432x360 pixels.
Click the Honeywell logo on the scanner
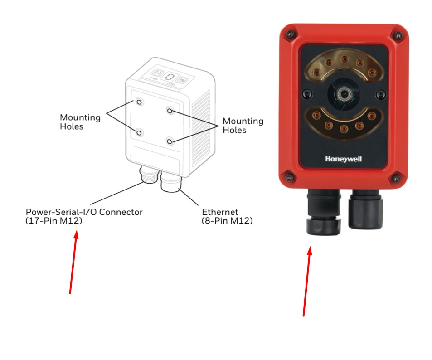pyautogui.click(x=343, y=159)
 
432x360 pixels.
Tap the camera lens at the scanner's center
pyautogui.click(x=343, y=93)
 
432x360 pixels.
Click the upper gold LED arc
pyautogui.click(x=343, y=65)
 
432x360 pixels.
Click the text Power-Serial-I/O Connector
pyautogui.click(x=84, y=212)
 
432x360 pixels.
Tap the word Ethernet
pyautogui.click(x=220, y=212)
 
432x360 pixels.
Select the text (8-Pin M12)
pyautogui.click(x=227, y=221)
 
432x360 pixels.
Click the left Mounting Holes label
pyautogui.click(x=80, y=122)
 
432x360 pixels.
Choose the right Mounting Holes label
pyautogui.click(x=243, y=126)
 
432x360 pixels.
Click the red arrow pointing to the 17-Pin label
pyautogui.click(x=73, y=263)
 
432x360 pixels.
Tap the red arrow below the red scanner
pyautogui.click(x=307, y=281)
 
